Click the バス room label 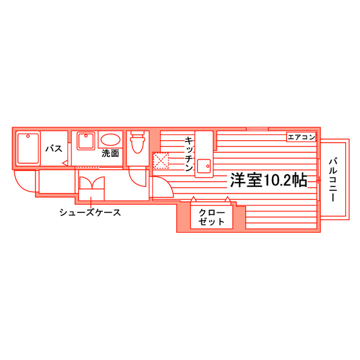pos(54,148)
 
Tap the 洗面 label pos(111,154)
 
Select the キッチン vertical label pos(189,154)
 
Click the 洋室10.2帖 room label pos(269,181)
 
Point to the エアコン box pos(301,137)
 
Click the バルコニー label pos(333,180)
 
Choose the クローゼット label pos(212,217)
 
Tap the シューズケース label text pos(90,212)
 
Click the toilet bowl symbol pos(138,142)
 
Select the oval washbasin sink pos(111,140)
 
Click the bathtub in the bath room pos(28,148)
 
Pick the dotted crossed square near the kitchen pos(161,161)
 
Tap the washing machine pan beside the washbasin pos(86,141)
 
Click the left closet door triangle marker pos(194,199)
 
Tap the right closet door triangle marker pos(228,199)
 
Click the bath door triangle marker pos(65,163)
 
